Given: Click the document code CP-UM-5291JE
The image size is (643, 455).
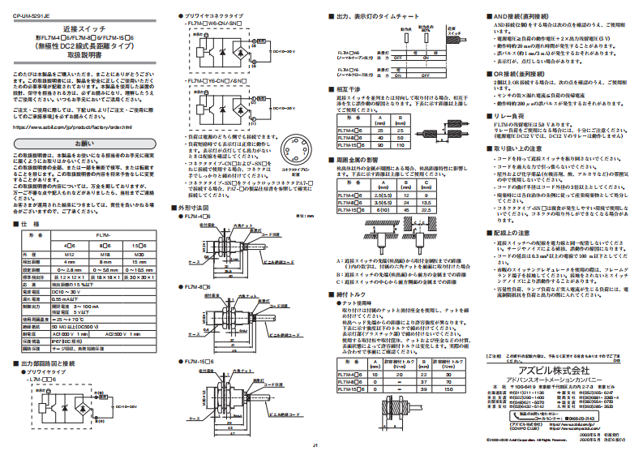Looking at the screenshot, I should (28, 14).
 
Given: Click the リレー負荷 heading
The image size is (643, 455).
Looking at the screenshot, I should (510, 115).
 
